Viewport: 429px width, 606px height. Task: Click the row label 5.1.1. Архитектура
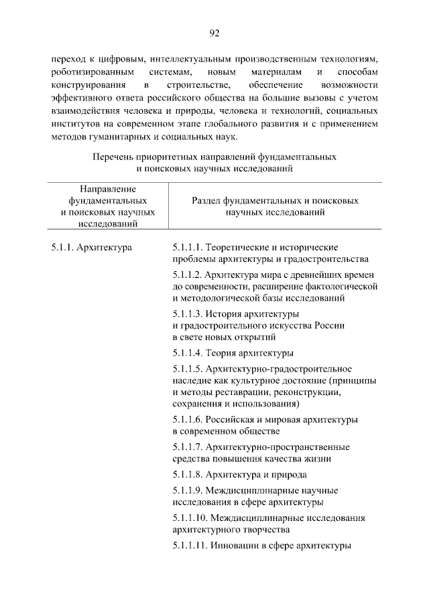pos(91,248)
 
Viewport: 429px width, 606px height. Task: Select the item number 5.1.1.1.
pos(187,248)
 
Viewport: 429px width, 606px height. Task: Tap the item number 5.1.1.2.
pos(187,275)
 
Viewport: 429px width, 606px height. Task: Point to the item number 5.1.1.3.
pos(187,314)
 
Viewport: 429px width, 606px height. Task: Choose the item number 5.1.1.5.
pos(187,369)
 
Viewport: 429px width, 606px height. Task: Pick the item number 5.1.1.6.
pos(187,419)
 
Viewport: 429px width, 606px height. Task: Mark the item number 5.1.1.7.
pos(187,447)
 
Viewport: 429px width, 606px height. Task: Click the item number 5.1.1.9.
pos(187,490)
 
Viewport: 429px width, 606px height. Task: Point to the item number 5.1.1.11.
pos(189,545)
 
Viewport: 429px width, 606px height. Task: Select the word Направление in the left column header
pos(108,188)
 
